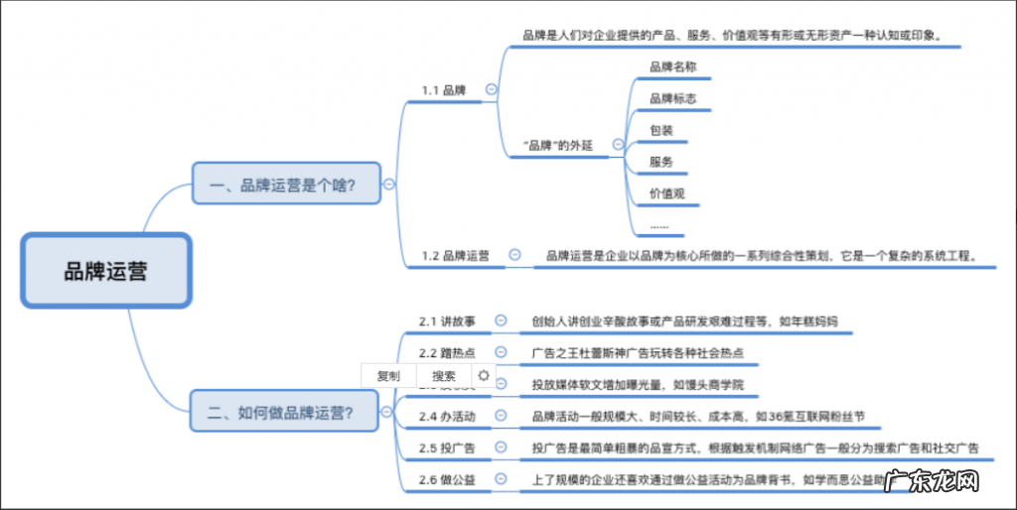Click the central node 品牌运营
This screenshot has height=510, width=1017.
(x=105, y=270)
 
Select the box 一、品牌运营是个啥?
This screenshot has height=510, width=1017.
(x=286, y=184)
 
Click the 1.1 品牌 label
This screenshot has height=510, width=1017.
(x=444, y=90)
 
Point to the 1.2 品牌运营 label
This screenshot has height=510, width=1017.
(x=455, y=256)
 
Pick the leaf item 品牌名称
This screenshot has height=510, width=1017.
(x=673, y=66)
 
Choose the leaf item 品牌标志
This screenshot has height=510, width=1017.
(x=673, y=98)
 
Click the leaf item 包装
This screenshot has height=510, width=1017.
(x=661, y=130)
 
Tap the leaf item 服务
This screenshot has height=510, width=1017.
(x=661, y=162)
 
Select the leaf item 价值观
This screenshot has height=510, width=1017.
(x=667, y=193)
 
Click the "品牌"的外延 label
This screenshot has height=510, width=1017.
(x=557, y=145)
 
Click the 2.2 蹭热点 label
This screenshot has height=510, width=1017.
(x=447, y=352)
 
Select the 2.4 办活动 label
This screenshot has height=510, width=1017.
(x=447, y=416)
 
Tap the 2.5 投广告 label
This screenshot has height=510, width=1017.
(x=447, y=447)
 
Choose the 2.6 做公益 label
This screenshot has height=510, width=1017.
(x=447, y=479)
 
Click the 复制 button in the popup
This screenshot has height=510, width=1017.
(x=388, y=376)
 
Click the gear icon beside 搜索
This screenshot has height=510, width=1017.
(x=484, y=375)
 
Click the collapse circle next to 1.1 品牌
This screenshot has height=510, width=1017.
(x=491, y=89)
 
